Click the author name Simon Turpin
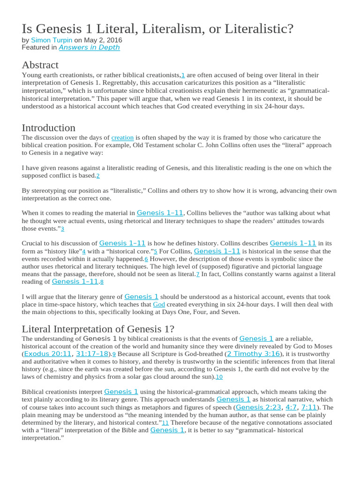coord(51,40)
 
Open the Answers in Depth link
coord(89,47)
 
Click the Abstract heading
coord(40,65)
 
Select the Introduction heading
coord(48,127)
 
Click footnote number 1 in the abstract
coord(183,75)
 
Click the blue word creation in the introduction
coord(122,138)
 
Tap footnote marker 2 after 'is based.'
coord(98,176)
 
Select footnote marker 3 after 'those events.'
coord(62,229)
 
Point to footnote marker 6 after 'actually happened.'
coord(146,259)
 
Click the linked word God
coord(159,305)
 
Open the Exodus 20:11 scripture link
coord(47,354)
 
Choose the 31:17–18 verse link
coord(92,354)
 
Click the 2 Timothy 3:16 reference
coord(253,354)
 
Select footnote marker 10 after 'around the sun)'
coord(219,377)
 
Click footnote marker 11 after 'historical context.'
coord(165,422)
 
